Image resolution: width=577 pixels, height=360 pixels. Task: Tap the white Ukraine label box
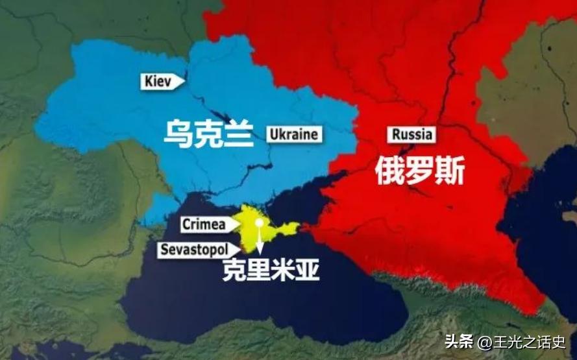pyautogui.click(x=293, y=134)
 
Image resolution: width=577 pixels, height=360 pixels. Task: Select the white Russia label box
pyautogui.click(x=411, y=135)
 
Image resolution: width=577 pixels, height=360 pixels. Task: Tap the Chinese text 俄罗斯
pyautogui.click(x=421, y=172)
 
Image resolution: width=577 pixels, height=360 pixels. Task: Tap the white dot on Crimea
pyautogui.click(x=259, y=222)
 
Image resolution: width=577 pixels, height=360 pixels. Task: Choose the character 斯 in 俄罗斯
pyautogui.click(x=451, y=172)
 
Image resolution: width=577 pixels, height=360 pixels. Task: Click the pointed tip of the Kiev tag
pyautogui.click(x=184, y=81)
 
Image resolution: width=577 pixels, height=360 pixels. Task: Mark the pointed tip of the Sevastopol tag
pyautogui.click(x=239, y=249)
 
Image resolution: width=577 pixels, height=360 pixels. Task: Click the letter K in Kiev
pyautogui.click(x=149, y=81)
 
